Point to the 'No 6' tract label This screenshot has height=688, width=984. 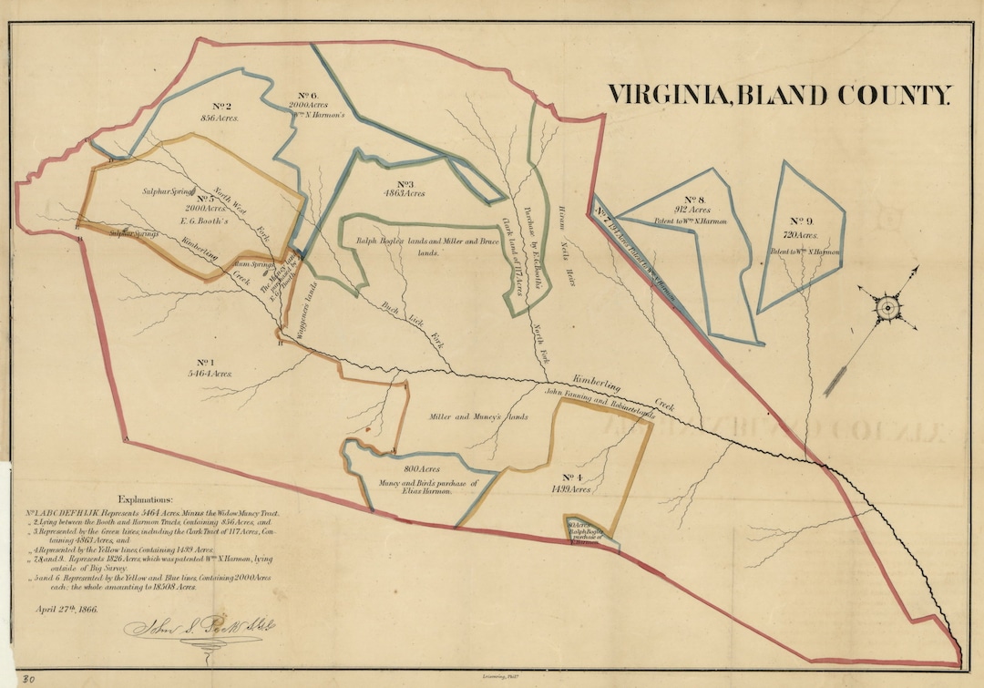pos(307,95)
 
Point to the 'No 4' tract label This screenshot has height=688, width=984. pos(572,477)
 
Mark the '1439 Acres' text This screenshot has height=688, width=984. pos(571,489)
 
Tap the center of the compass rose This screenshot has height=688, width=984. pos(887,308)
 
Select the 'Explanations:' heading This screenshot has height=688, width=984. pos(138,500)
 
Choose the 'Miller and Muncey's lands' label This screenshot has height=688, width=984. pos(478,416)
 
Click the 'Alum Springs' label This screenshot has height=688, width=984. pos(254,265)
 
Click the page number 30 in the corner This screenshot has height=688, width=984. pos(28,678)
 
